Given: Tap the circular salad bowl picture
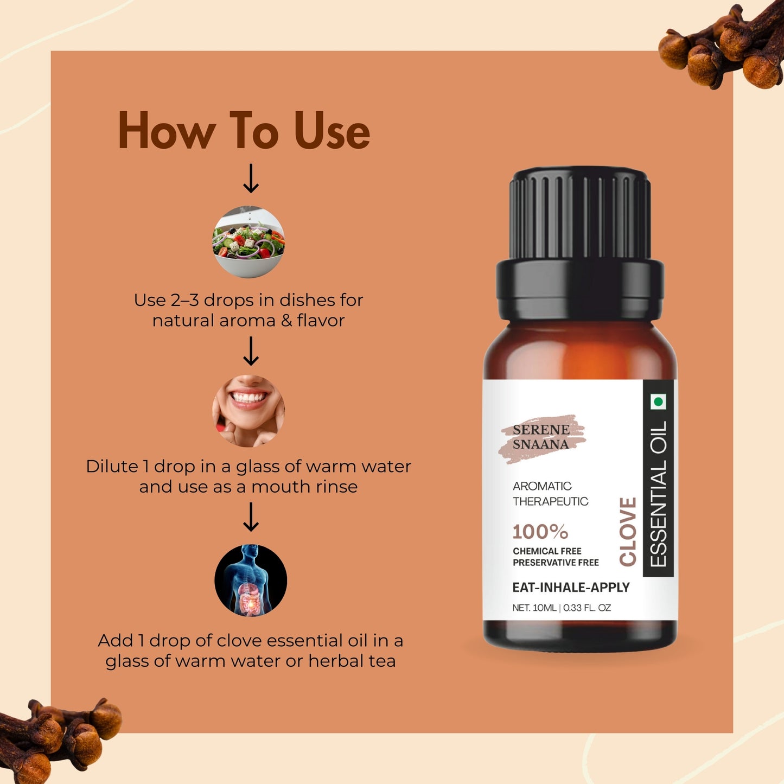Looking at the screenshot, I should [x=248, y=242].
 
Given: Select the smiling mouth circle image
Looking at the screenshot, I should [x=248, y=411].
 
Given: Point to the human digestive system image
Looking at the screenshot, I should [x=251, y=580].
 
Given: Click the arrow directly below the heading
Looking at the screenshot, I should [x=251, y=179].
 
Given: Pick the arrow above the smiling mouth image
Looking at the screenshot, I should [x=251, y=351].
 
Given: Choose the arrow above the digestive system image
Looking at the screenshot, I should [x=251, y=517].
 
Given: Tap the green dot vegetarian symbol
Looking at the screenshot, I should [x=658, y=402].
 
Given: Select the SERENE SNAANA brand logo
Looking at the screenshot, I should [x=541, y=437].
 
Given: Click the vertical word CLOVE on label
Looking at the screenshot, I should [x=628, y=532].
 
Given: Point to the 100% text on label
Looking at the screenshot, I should [x=540, y=532].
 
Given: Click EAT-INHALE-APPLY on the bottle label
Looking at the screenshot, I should [x=571, y=588].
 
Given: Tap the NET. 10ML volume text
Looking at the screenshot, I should [x=534, y=608].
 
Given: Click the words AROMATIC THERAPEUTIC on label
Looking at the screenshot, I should [x=550, y=494].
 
